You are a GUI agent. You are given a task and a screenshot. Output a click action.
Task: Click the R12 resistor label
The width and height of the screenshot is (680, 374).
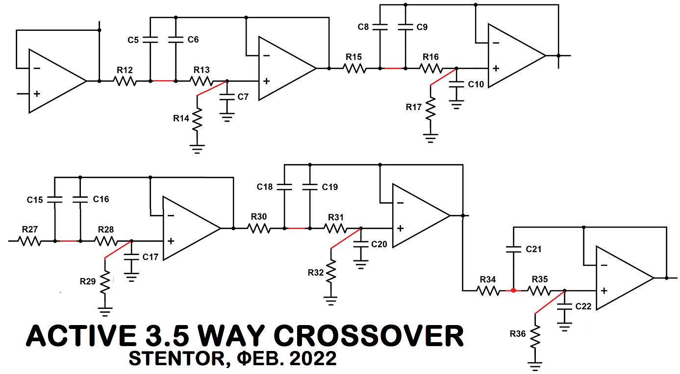coord(125,70)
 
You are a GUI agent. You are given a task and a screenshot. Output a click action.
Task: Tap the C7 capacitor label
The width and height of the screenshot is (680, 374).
coord(243,97)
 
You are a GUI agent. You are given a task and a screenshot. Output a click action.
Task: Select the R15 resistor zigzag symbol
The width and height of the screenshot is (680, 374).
coord(354,69)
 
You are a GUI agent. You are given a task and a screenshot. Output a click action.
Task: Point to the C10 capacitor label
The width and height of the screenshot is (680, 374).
coord(476,84)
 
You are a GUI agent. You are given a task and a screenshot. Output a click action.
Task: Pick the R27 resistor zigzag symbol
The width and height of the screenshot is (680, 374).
coord(29,241)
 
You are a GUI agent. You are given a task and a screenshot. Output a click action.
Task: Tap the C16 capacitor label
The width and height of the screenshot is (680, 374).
coord(101,199)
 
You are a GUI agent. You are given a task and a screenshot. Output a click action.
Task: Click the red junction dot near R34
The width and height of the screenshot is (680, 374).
coord(513,291)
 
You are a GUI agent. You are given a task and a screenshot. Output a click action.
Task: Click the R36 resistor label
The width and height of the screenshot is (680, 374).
coord(518,334)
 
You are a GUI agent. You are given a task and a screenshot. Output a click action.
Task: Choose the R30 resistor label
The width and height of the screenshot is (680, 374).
coord(259,216)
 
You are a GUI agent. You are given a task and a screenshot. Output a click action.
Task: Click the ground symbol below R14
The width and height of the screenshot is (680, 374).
coord(197,149)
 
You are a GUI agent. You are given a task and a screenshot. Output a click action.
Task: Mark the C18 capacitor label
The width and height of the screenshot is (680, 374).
coord(265,187)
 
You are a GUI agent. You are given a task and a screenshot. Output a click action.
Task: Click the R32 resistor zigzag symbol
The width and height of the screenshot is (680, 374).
coord(331,271)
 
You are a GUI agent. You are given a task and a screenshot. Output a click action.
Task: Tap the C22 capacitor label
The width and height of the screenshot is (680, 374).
coord(583,306)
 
